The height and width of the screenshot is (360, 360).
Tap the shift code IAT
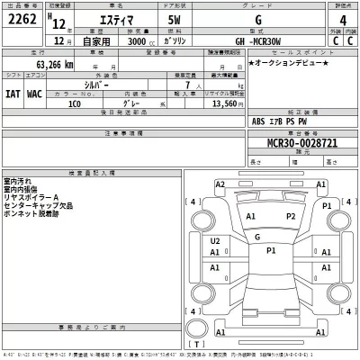(13, 91)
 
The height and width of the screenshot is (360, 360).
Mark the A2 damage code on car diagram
(220, 184)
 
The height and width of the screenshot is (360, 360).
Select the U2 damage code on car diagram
(215, 241)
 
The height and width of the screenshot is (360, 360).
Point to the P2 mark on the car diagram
(291, 216)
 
